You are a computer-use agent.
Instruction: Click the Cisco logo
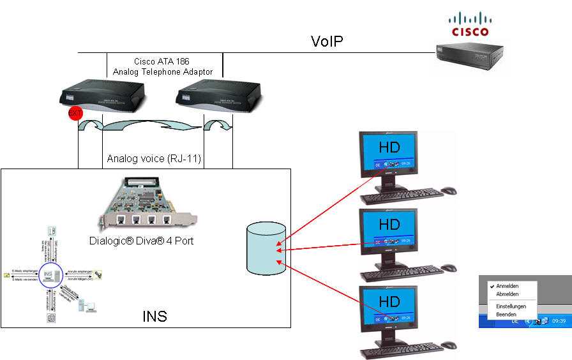coord(470,24)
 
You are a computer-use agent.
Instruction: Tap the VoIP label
coord(327,42)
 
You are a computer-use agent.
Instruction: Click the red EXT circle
coord(75,115)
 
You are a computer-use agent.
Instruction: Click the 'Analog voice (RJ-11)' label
coord(154,158)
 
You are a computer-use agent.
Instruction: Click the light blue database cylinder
coord(266,250)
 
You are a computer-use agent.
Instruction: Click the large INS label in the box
coord(154,315)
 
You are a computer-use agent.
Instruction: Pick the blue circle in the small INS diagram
coord(49,276)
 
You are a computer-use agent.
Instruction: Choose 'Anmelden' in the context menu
coord(507,286)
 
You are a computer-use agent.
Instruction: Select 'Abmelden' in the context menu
coord(507,294)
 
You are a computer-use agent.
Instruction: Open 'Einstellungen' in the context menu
coord(511,306)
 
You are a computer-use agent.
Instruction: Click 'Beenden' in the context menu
coord(507,315)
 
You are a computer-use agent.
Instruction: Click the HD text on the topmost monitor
coord(389,147)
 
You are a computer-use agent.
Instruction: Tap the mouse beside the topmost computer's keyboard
coord(449,190)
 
